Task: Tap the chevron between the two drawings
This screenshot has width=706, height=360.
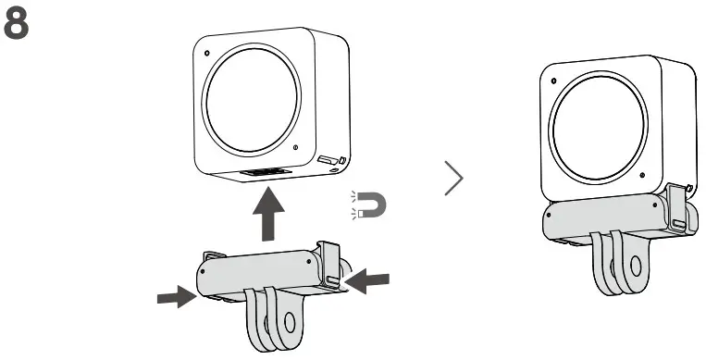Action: (x=453, y=180)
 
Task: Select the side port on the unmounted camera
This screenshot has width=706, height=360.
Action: (x=329, y=161)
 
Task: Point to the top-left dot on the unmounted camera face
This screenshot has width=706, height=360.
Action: (x=206, y=52)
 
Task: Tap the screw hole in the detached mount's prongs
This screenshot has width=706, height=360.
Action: (x=289, y=325)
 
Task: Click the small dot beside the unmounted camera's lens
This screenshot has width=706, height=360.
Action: (x=294, y=147)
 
